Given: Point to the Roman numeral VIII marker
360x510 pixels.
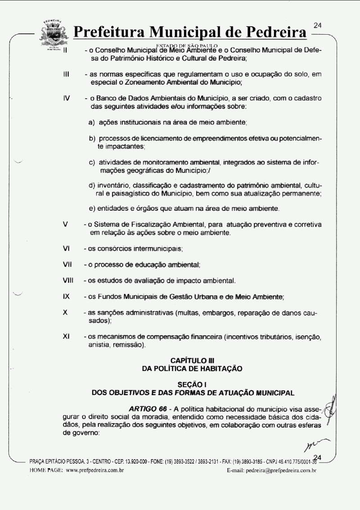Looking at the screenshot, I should tap(68, 281).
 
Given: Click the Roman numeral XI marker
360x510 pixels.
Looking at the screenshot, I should tap(66, 337).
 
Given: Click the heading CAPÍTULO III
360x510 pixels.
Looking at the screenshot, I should tap(192, 360).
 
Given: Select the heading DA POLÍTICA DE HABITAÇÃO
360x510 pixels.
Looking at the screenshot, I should tap(192, 369).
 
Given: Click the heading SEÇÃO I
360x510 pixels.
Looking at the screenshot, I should tap(192, 384).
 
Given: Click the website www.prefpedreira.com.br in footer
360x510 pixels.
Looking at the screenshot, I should tap(95, 470).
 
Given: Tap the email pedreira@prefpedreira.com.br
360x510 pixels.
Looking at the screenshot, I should tap(281, 470).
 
